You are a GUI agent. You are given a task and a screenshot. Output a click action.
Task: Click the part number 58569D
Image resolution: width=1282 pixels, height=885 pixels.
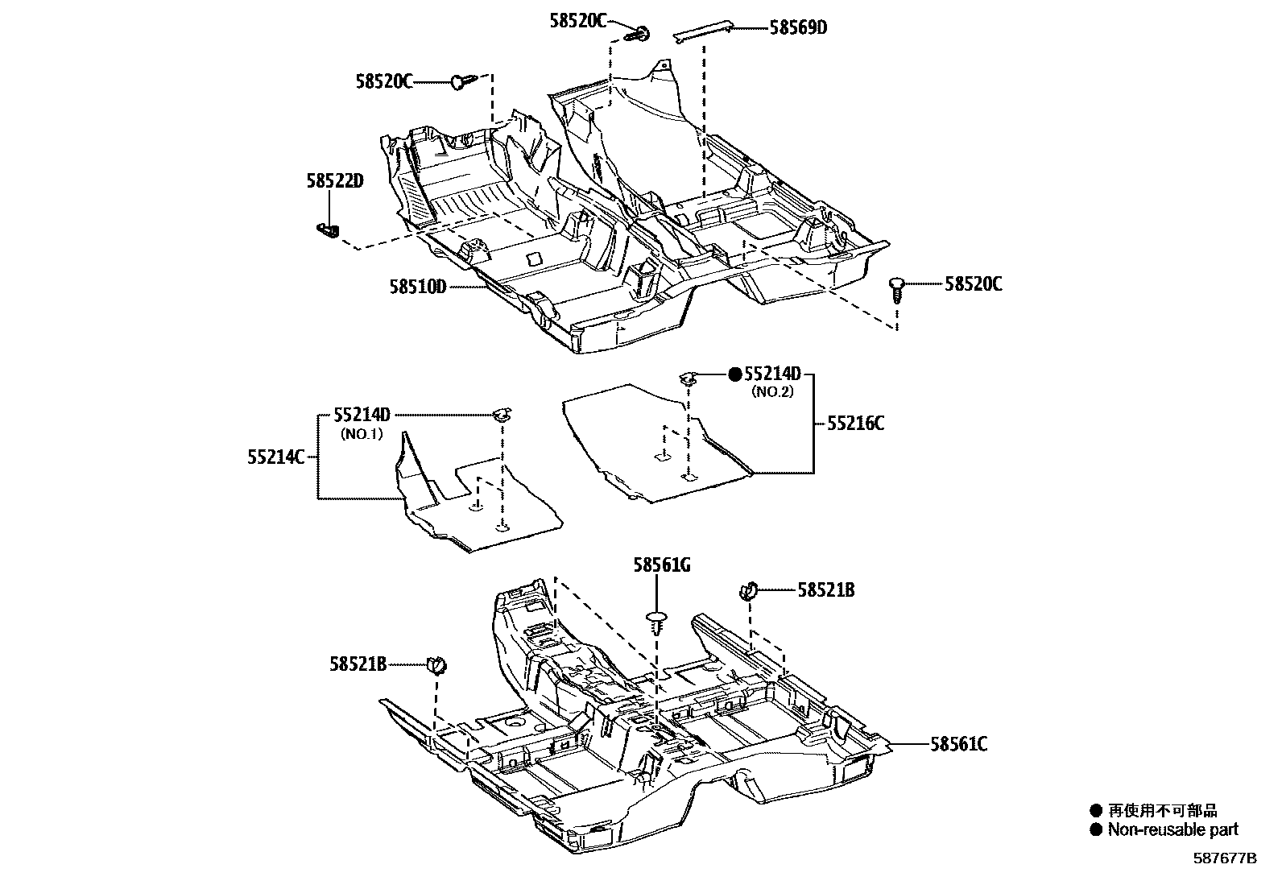pyautogui.click(x=798, y=27)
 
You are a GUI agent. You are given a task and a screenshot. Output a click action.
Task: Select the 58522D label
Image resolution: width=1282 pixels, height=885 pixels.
pyautogui.click(x=335, y=181)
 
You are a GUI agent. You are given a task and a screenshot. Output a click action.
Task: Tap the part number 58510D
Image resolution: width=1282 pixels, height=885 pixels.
pyautogui.click(x=417, y=286)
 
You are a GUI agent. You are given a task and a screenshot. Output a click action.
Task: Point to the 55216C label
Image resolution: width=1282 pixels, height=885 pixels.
pyautogui.click(x=855, y=424)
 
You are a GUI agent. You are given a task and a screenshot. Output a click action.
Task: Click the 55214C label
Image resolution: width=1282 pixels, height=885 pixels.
pyautogui.click(x=276, y=457)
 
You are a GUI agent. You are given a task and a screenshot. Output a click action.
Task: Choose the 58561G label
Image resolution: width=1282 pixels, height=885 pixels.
pyautogui.click(x=661, y=566)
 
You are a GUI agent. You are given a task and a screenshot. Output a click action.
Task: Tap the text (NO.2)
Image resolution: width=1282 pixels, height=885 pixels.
pyautogui.click(x=773, y=392)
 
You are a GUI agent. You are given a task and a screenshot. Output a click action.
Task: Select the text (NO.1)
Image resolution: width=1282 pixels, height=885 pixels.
pyautogui.click(x=362, y=433)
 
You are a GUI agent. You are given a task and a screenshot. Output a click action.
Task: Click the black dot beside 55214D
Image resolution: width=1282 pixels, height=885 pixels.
pyautogui.click(x=734, y=374)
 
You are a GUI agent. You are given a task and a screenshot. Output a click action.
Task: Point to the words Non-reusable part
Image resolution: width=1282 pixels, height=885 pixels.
pyautogui.click(x=1173, y=829)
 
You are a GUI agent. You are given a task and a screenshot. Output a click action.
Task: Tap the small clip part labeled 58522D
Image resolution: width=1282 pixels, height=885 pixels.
pyautogui.click(x=327, y=230)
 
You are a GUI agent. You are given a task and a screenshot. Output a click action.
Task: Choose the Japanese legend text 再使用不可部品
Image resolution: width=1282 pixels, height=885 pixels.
pyautogui.click(x=1162, y=811)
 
